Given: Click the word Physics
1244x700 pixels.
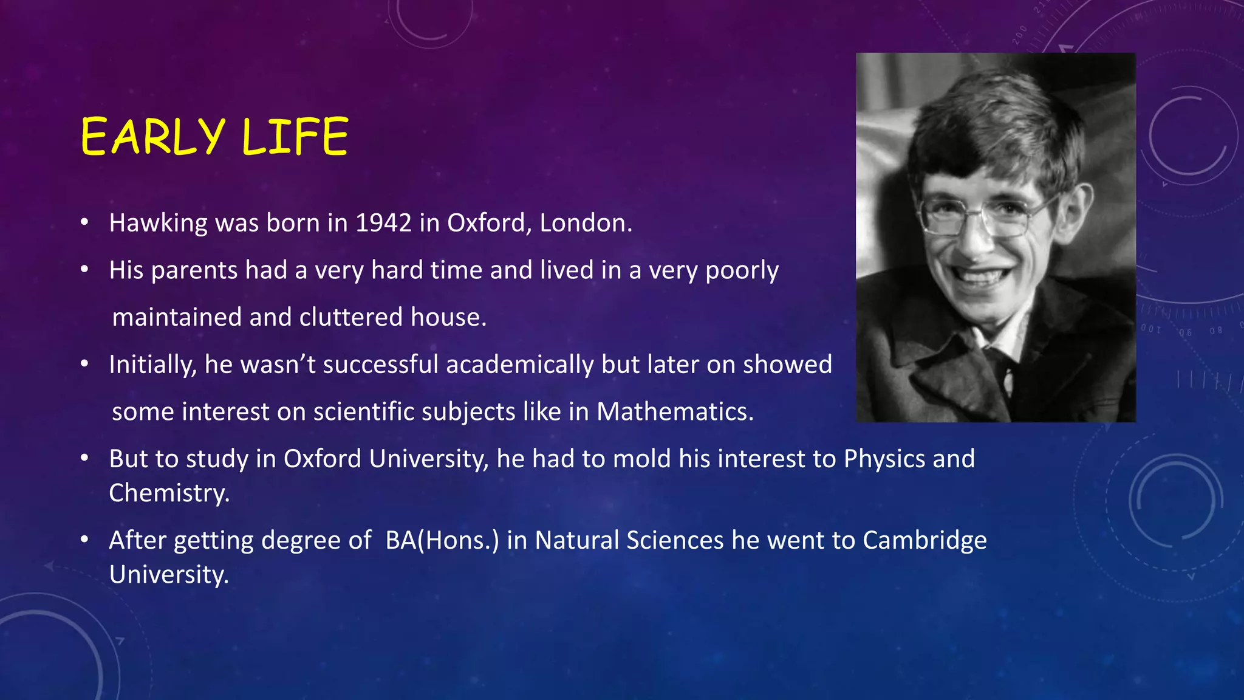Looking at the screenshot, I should pyautogui.click(x=884, y=459).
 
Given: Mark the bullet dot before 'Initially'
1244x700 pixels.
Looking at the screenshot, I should pyautogui.click(x=85, y=365).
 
